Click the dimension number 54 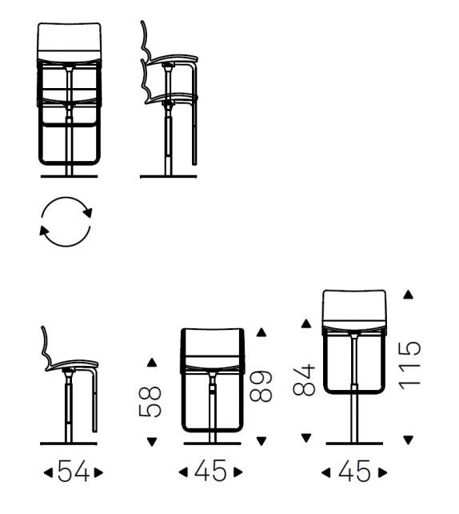(x=74, y=472)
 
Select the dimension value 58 (x=150, y=402)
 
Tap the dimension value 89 (x=261, y=387)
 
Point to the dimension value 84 (x=304, y=379)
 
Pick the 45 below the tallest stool (x=354, y=472)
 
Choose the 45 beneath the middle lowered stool (x=210, y=472)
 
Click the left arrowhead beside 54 (x=48, y=472)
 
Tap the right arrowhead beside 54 (x=99, y=472)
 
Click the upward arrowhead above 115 (x=408, y=295)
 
